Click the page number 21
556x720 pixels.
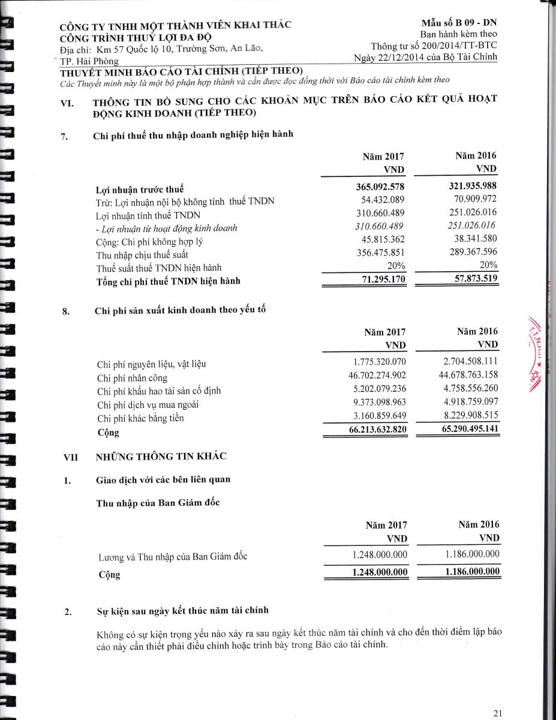497,713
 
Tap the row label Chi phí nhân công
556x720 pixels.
132,378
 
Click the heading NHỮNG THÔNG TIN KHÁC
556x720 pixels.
161,457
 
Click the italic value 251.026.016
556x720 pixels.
471,226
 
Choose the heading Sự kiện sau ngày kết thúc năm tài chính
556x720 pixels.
182,611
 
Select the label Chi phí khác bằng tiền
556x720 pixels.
140,418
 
